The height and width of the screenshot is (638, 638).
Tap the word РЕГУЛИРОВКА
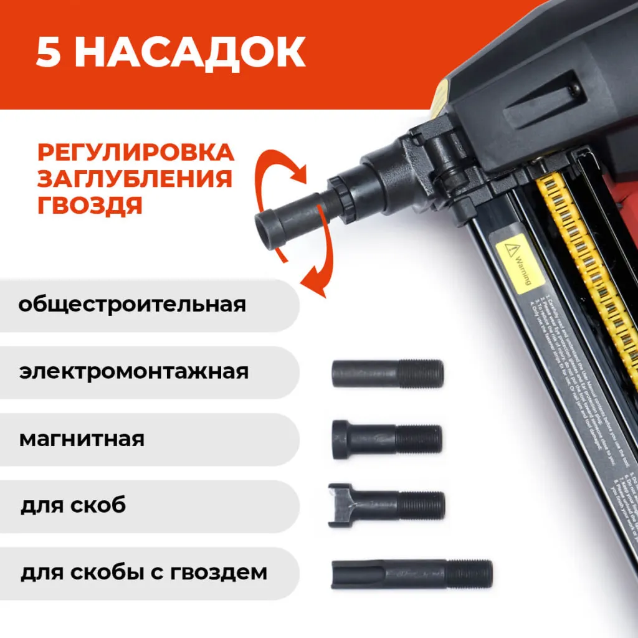click(136, 153)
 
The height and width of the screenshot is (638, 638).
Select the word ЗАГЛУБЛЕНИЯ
click(135, 179)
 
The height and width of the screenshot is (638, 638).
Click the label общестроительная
click(132, 305)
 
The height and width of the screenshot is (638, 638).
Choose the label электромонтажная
click(134, 372)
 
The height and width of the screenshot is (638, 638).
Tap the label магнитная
click(82, 439)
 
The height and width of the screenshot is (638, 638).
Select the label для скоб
click(73, 505)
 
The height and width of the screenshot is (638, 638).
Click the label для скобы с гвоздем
click(144, 572)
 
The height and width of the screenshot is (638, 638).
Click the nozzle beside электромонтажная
click(388, 374)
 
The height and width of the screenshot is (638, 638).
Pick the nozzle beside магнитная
click(387, 439)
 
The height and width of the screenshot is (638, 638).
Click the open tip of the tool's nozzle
click(267, 229)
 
